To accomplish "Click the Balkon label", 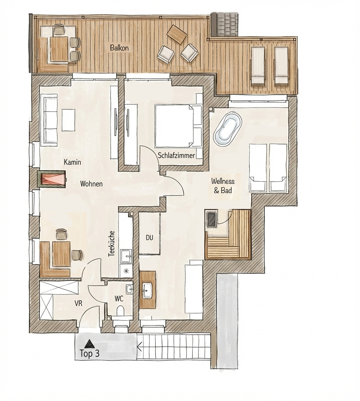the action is pos(119,48).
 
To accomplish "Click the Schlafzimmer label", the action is pos(177,155).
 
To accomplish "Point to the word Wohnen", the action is pos(91,184).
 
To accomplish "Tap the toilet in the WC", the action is pos(120,311).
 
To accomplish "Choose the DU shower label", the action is pos(149,238).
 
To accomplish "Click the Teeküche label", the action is pos(111,244).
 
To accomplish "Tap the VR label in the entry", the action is pos(79,303).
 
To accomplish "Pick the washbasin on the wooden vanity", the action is pos(148,290).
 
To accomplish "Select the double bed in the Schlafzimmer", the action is pos(178,126).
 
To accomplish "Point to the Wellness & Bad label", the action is pos(222,186).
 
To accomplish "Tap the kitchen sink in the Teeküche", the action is pos(126,256).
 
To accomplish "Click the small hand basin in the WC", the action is pos(129,289).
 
